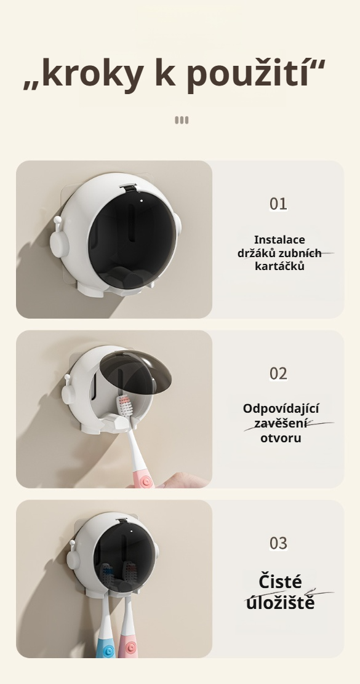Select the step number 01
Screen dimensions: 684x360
tap(278, 204)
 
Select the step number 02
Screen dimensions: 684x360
tap(278, 373)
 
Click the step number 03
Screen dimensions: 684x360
tap(278, 543)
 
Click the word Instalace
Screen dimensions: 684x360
tap(279, 240)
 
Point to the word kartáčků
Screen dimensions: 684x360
tap(279, 266)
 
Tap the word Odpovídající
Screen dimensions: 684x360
tap(281, 409)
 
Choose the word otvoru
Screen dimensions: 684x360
tap(281, 438)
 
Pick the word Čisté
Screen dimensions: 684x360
tap(281, 581)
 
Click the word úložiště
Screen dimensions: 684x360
tap(281, 602)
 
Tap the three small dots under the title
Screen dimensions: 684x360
tap(182, 120)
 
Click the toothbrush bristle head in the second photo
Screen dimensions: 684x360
tap(126, 406)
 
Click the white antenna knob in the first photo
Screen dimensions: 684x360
tap(57, 220)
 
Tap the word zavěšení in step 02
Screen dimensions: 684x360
tap(281, 424)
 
